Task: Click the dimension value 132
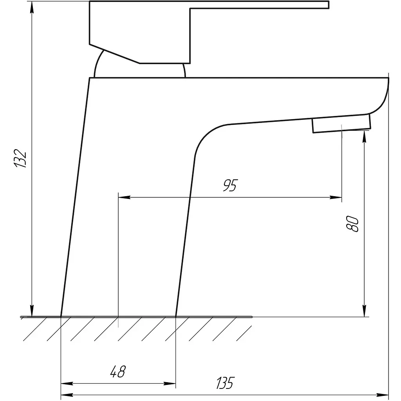(x=20, y=158)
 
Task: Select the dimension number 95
(x=230, y=185)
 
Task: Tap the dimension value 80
(x=352, y=224)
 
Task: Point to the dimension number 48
(x=118, y=372)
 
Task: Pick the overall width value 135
(x=225, y=383)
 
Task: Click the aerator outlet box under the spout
(x=341, y=124)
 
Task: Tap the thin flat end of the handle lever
(x=260, y=5)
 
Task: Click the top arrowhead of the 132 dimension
(x=32, y=8)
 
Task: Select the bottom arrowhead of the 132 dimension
(x=32, y=311)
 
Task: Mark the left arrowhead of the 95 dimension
(x=125, y=197)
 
